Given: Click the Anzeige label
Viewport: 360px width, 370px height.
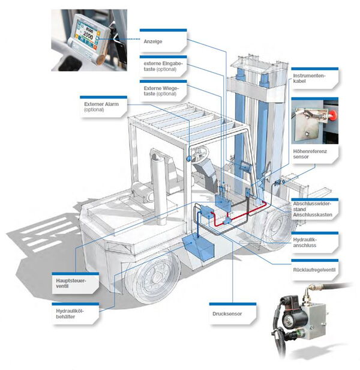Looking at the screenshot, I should coord(153,41).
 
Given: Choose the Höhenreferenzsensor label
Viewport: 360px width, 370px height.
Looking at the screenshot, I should coord(310,154).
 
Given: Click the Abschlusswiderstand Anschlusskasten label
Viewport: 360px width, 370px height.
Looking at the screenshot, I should coord(313,208).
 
